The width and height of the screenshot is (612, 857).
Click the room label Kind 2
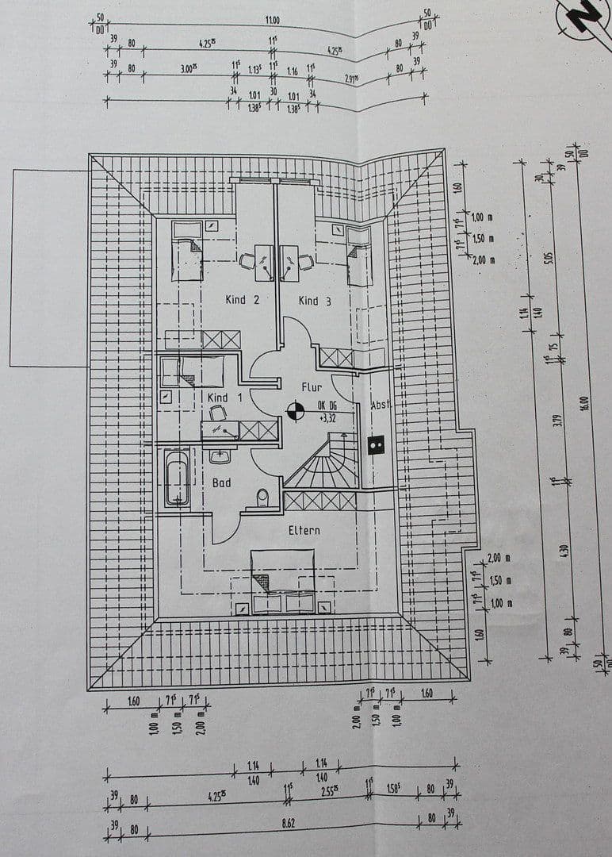pyautogui.click(x=243, y=300)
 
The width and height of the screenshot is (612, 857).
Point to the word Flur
pyautogui.click(x=312, y=387)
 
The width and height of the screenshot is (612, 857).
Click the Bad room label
pyautogui.click(x=221, y=482)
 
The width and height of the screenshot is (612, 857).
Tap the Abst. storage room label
pyautogui.click(x=382, y=405)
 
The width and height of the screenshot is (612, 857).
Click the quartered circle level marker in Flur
pyautogui.click(x=295, y=411)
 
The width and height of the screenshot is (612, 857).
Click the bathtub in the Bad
pyautogui.click(x=177, y=478)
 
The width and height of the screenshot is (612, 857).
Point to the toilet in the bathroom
pyautogui.click(x=262, y=497)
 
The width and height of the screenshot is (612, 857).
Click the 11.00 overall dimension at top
pyautogui.click(x=273, y=21)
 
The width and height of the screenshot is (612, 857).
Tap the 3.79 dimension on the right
pyautogui.click(x=558, y=421)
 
